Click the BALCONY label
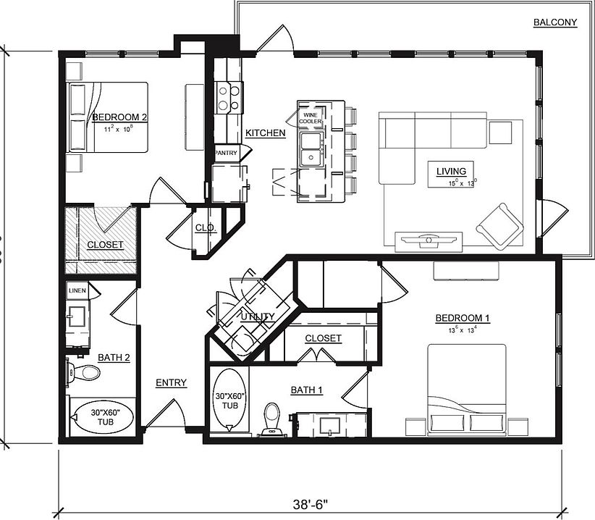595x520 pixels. point(555,22)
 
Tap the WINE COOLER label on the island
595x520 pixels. point(311,118)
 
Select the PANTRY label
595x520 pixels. point(226,153)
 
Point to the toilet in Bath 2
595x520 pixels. point(86,373)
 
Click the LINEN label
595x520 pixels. point(77,290)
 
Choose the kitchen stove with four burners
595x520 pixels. point(229,97)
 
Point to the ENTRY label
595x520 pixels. point(171,383)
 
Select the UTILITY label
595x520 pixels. point(258,316)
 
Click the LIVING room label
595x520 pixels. point(451,171)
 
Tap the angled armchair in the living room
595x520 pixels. point(500,225)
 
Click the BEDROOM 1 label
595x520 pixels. point(463,318)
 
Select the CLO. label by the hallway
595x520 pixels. point(203,227)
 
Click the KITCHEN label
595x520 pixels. point(265,133)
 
